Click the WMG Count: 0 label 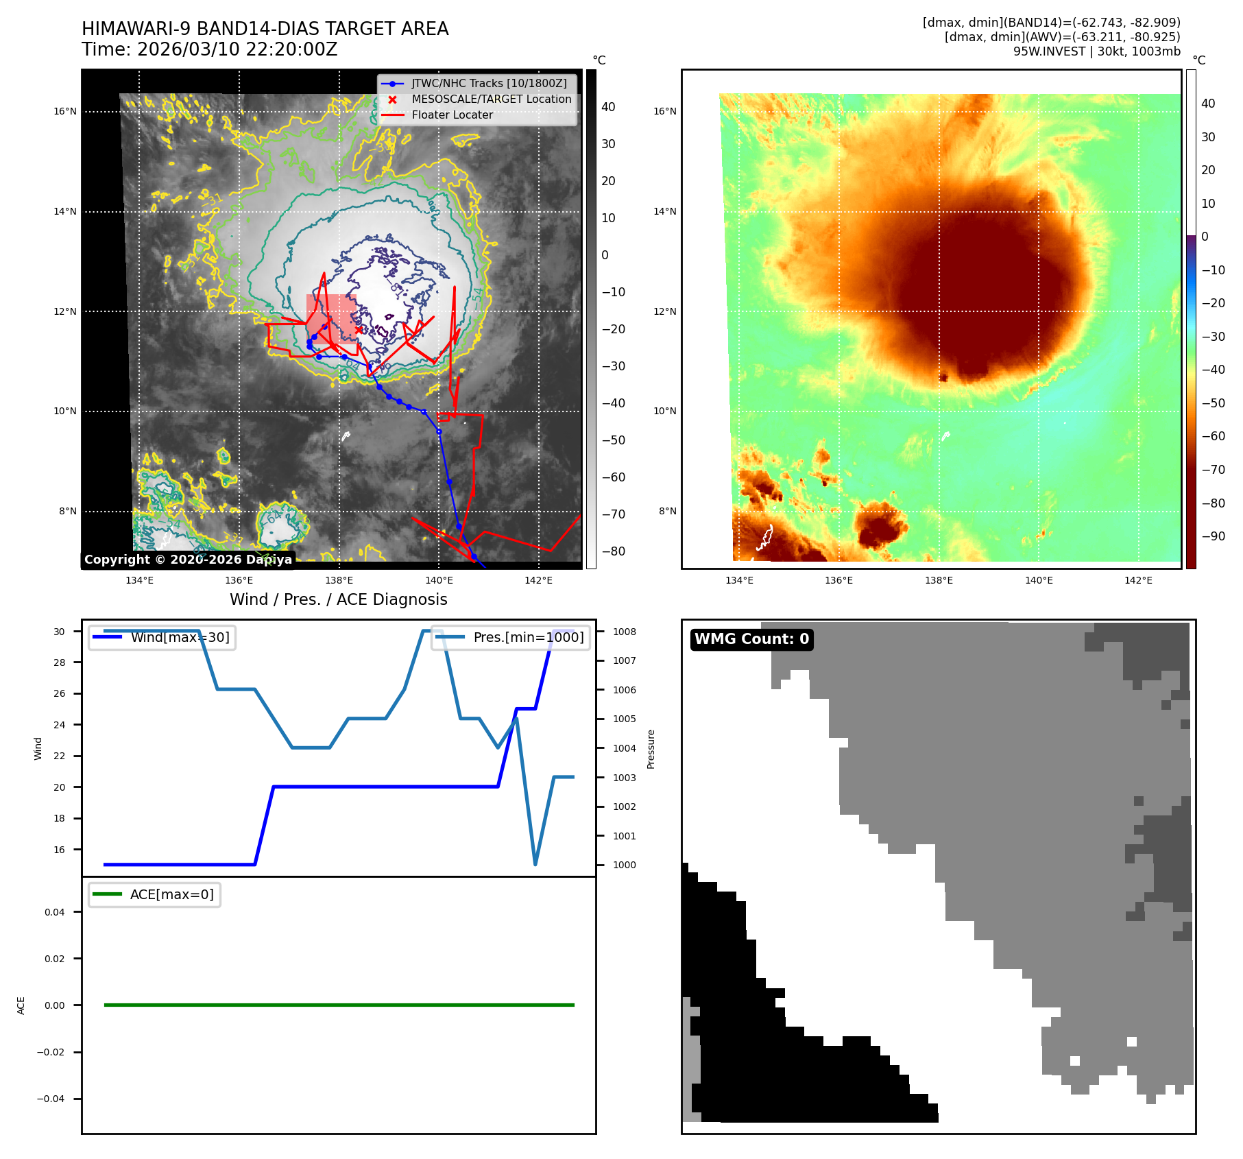pyautogui.click(x=751, y=639)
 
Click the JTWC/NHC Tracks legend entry pyautogui.click(x=489, y=84)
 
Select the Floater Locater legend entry pyautogui.click(x=452, y=115)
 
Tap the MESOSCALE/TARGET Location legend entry pyautogui.click(x=491, y=99)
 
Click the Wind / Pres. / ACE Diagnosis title pyautogui.click(x=338, y=599)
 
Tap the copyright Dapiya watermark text pyautogui.click(x=188, y=560)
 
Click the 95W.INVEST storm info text pyautogui.click(x=1096, y=51)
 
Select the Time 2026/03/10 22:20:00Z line pyautogui.click(x=209, y=50)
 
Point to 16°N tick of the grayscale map pyautogui.click(x=66, y=112)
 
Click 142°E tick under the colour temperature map pyautogui.click(x=1138, y=580)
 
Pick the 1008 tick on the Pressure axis pyautogui.click(x=624, y=632)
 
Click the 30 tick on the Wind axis pyautogui.click(x=60, y=632)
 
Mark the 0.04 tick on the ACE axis pyautogui.click(x=54, y=912)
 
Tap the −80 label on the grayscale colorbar pyautogui.click(x=613, y=551)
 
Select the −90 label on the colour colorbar pyautogui.click(x=1213, y=536)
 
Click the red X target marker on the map pyautogui.click(x=359, y=330)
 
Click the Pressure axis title pyautogui.click(x=651, y=749)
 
